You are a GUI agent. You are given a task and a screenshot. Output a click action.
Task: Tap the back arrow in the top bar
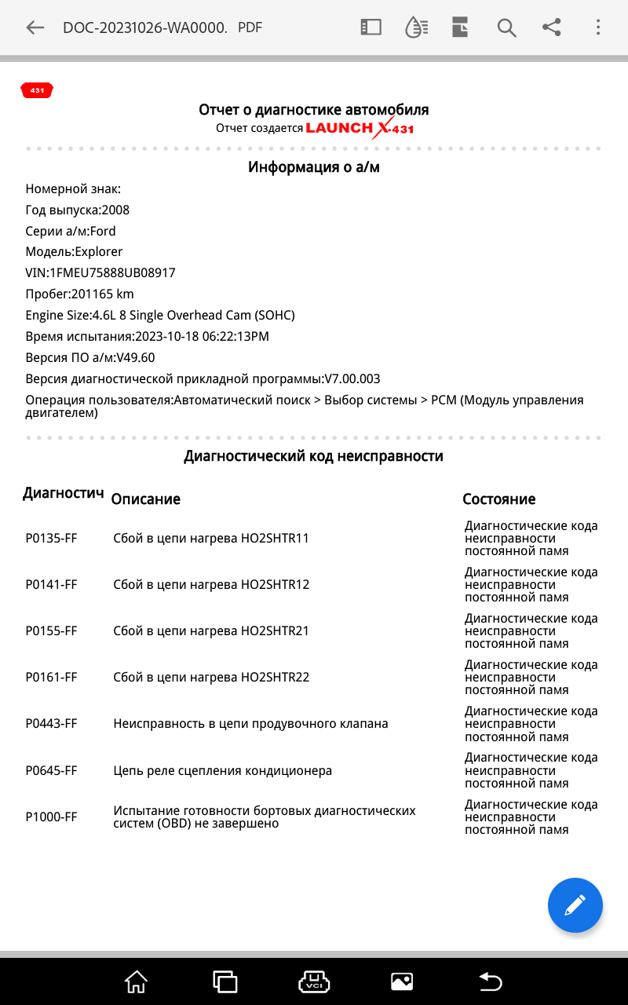pyautogui.click(x=35, y=27)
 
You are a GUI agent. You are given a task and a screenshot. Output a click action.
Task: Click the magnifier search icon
pyautogui.click(x=506, y=27)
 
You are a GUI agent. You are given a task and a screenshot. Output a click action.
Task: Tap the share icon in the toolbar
pyautogui.click(x=552, y=27)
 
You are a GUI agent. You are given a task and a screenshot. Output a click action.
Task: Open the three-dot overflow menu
pyautogui.click(x=597, y=27)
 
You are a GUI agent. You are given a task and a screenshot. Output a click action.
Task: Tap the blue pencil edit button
pyautogui.click(x=575, y=905)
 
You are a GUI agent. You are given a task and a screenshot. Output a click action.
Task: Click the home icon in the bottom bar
pyautogui.click(x=136, y=981)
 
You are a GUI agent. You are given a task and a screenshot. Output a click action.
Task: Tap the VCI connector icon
pyautogui.click(x=314, y=981)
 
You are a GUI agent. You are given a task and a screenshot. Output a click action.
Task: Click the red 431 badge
pyautogui.click(x=37, y=91)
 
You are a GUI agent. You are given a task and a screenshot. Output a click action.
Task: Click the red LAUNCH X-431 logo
pyautogui.click(x=360, y=128)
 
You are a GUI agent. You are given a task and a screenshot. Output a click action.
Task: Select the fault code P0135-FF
pyautogui.click(x=51, y=539)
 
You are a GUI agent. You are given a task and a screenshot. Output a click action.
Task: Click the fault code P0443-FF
pyautogui.click(x=51, y=724)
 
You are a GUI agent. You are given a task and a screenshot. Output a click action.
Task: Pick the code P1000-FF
pyautogui.click(x=51, y=817)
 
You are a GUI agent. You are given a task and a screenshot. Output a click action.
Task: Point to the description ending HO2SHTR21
pyautogui.click(x=211, y=631)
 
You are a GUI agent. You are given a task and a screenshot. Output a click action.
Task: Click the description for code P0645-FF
pyautogui.click(x=222, y=770)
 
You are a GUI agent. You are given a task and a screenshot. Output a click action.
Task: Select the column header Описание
pyautogui.click(x=145, y=499)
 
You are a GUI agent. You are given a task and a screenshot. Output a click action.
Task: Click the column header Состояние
pyautogui.click(x=498, y=499)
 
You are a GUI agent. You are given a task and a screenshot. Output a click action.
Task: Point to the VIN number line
pyautogui.click(x=100, y=273)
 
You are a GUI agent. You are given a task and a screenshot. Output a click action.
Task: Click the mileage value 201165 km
pyautogui.click(x=102, y=294)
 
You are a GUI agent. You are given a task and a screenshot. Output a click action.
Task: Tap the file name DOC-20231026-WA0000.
pyautogui.click(x=144, y=27)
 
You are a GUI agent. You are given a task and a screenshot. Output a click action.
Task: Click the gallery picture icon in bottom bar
pyautogui.click(x=401, y=981)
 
